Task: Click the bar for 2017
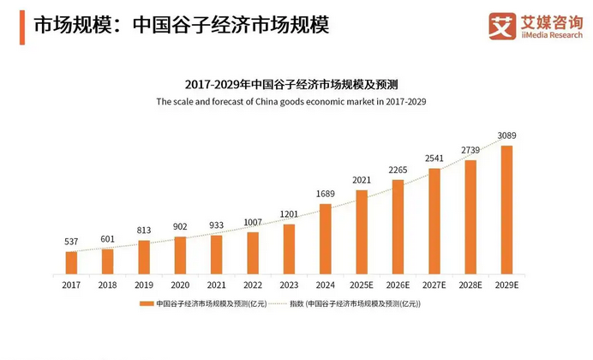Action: [x=71, y=262]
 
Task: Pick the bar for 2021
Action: [x=216, y=254]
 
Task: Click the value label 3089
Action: [x=506, y=136]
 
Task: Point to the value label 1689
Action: [x=325, y=195]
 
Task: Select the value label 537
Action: [x=71, y=242]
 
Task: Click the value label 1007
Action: [x=252, y=223]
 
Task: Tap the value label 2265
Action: [x=398, y=170]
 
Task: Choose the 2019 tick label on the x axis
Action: [x=143, y=285]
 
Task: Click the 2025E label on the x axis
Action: [x=361, y=285]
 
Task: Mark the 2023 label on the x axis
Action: [x=289, y=285]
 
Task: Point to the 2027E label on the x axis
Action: [x=434, y=285]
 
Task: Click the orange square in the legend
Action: [x=148, y=303]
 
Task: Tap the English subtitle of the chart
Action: [x=291, y=101]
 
